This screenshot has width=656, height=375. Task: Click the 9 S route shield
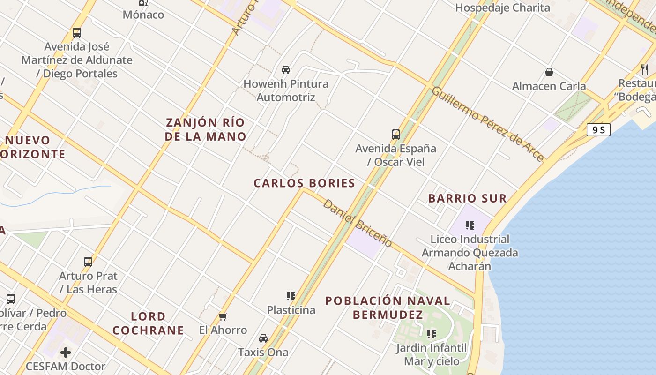click(x=598, y=130)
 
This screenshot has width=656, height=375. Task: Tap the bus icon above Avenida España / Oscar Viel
click(x=396, y=135)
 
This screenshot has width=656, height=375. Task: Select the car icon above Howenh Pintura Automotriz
click(x=285, y=70)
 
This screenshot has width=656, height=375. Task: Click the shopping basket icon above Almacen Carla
click(x=549, y=72)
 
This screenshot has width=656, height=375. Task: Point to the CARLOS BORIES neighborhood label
click(x=305, y=183)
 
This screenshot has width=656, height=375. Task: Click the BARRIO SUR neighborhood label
click(x=467, y=198)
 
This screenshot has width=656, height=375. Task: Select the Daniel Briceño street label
click(x=358, y=223)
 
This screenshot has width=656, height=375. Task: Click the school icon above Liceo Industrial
click(x=470, y=225)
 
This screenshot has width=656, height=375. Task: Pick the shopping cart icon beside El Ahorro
click(x=223, y=316)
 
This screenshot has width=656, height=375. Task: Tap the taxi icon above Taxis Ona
click(x=263, y=338)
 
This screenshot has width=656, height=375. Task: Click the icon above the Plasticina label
click(x=291, y=296)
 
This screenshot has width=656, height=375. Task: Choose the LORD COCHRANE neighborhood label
click(x=148, y=323)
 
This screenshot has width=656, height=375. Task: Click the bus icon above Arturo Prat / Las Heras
click(x=88, y=262)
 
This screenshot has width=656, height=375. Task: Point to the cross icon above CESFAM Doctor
click(x=66, y=352)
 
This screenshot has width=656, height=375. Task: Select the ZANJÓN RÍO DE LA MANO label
click(x=206, y=130)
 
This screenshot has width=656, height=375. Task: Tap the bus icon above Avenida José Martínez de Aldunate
click(x=77, y=33)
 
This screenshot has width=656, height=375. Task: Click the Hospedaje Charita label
click(x=502, y=7)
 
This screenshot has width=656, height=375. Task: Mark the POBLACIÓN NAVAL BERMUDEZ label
click(x=388, y=307)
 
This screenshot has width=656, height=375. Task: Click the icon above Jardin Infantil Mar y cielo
click(x=432, y=334)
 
